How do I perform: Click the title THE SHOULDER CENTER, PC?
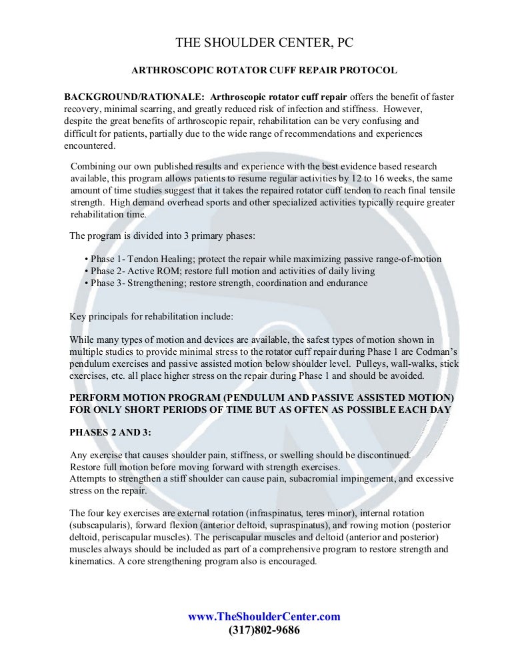(x=265, y=43)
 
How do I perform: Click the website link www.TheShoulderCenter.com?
(x=264, y=616)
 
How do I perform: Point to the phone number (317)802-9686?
(x=264, y=629)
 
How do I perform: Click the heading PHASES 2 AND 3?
(x=110, y=432)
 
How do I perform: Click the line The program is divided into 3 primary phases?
(x=159, y=235)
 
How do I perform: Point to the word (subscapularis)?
(x=100, y=526)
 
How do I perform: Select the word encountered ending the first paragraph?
(x=90, y=146)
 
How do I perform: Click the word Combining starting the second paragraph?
(x=95, y=166)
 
